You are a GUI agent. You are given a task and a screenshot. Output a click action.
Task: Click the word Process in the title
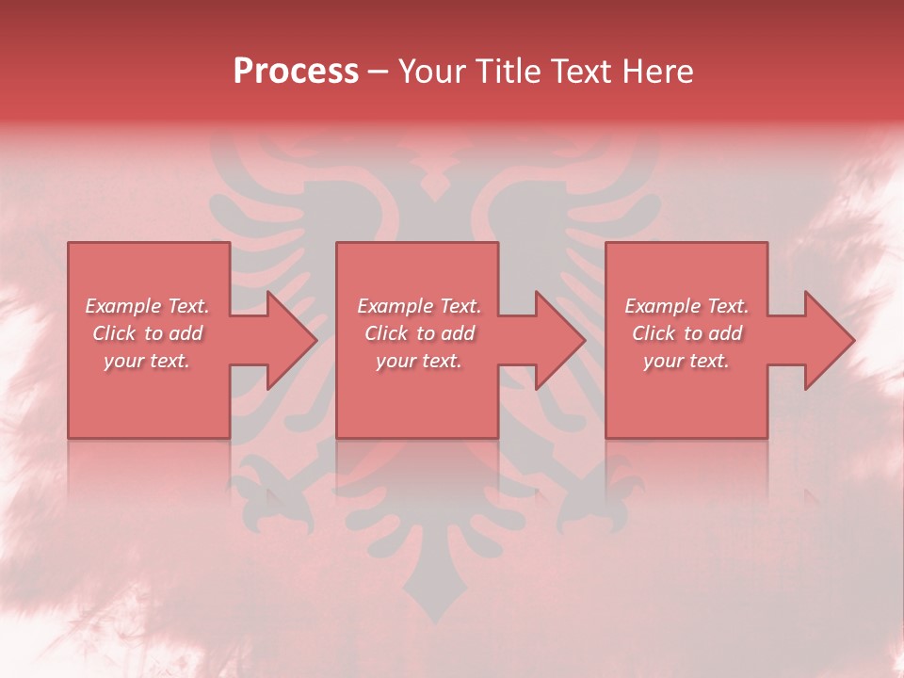pyautogui.click(x=296, y=72)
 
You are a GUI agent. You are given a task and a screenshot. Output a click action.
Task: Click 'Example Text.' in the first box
pyautogui.click(x=147, y=306)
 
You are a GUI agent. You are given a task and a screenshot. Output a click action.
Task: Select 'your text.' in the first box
pyautogui.click(x=147, y=361)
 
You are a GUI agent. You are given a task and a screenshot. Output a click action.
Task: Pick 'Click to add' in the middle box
pyautogui.click(x=419, y=333)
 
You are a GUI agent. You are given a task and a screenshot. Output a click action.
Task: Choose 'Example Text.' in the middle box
pyautogui.click(x=419, y=306)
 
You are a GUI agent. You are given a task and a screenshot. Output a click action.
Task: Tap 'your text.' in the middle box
pyautogui.click(x=419, y=361)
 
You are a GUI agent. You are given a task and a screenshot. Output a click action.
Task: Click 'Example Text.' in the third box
pyautogui.click(x=686, y=306)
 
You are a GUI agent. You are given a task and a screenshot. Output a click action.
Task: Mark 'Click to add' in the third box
pyautogui.click(x=686, y=333)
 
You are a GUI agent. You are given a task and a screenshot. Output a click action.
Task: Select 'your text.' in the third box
pyautogui.click(x=686, y=361)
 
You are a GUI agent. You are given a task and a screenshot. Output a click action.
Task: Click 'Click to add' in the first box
pyautogui.click(x=147, y=333)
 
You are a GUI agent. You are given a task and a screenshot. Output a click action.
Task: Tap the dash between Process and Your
pyautogui.click(x=379, y=72)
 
